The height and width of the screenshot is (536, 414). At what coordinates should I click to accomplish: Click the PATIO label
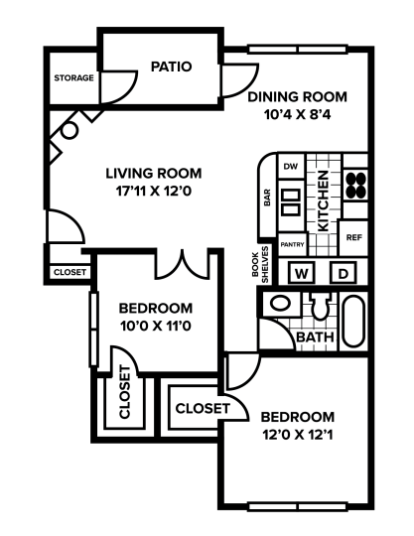171,67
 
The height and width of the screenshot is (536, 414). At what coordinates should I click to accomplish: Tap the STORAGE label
74,77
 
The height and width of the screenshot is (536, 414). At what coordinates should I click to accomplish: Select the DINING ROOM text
298,96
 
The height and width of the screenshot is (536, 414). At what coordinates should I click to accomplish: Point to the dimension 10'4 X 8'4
298,115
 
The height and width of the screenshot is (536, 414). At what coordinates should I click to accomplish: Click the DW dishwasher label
291,166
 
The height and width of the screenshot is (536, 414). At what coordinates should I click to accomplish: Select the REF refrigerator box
353,237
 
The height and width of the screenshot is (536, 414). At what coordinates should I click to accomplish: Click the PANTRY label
292,243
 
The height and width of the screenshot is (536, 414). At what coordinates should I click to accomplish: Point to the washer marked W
303,272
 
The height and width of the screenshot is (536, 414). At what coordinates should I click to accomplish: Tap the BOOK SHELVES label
259,264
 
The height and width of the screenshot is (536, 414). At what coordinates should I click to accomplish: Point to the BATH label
314,338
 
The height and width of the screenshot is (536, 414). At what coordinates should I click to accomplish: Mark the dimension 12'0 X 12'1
298,435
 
